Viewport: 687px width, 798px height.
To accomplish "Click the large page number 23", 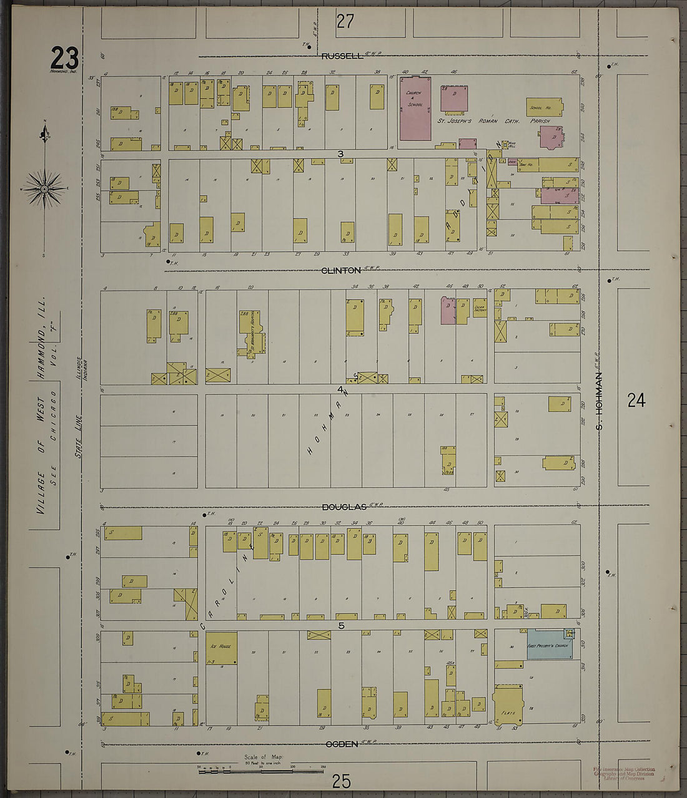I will point(64,59).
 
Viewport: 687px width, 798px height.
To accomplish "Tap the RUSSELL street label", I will point(342,56).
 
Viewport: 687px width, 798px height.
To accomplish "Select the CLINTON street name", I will point(341,271).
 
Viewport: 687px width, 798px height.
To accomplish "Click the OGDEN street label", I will point(342,744).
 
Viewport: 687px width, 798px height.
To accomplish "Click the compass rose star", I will point(44,188).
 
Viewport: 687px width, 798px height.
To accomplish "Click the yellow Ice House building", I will point(221,648).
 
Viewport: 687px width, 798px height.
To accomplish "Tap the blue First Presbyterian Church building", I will point(548,645).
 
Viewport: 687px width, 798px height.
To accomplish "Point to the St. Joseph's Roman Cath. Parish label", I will point(493,121).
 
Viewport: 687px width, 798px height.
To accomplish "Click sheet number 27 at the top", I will point(345,22).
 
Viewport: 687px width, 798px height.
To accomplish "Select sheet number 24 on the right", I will point(636,400).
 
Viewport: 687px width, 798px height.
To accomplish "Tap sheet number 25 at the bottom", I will point(341,781).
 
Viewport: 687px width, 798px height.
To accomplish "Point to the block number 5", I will point(341,625).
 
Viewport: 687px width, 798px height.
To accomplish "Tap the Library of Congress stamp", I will point(624,774).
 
